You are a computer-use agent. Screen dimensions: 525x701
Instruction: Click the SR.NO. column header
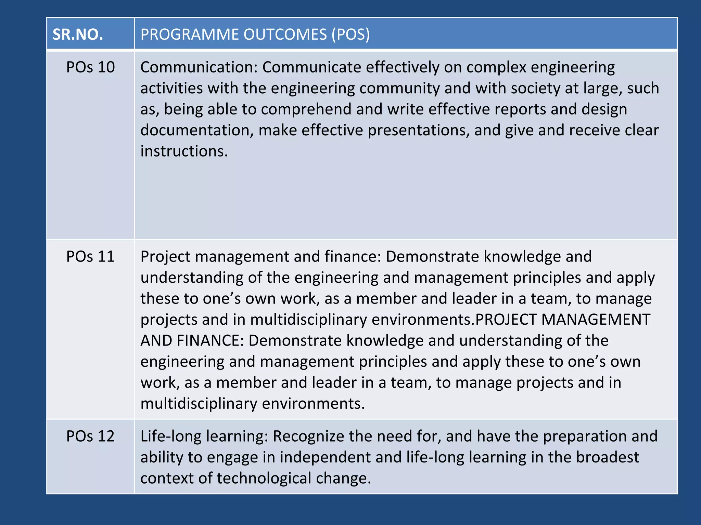coord(78,35)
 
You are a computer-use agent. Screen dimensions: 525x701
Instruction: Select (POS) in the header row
coord(350,35)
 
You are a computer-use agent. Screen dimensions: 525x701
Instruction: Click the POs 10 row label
coord(90,67)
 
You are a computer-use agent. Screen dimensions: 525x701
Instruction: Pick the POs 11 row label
coord(90,257)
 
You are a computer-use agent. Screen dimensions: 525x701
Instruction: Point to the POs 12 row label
coord(90,436)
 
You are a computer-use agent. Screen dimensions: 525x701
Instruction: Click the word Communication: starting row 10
coord(199,67)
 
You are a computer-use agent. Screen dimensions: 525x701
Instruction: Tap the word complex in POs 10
coord(496,67)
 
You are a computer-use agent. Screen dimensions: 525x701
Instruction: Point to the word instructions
coord(184,151)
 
